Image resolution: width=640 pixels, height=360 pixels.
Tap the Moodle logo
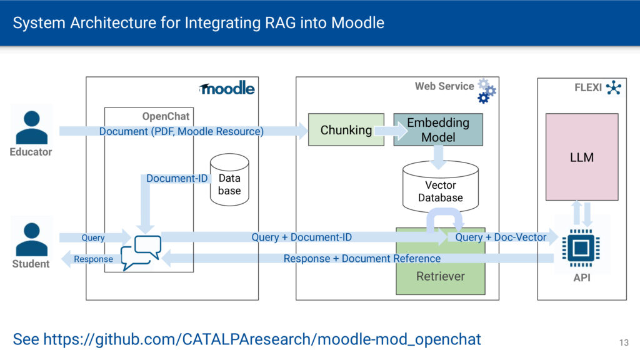pyautogui.click(x=227, y=89)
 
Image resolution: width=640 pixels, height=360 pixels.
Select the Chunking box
pyautogui.click(x=346, y=130)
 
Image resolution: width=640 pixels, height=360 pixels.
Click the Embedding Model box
pyautogui.click(x=438, y=129)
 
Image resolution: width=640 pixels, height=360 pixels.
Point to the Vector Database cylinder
pyautogui.click(x=440, y=187)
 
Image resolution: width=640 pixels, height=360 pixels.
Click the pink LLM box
pyautogui.click(x=581, y=157)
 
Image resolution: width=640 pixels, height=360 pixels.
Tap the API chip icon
pyautogui.click(x=581, y=247)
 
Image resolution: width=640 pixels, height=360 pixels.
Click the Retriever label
pyautogui.click(x=441, y=276)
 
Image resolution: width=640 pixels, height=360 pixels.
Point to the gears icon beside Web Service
pyautogui.click(x=486, y=91)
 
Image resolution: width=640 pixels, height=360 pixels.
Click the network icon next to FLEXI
pyautogui.click(x=614, y=87)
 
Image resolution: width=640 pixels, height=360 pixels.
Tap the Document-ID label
pyautogui.click(x=177, y=179)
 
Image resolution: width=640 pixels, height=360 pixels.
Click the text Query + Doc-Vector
pyautogui.click(x=501, y=237)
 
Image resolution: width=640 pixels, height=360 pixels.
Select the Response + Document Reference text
pyautogui.click(x=362, y=259)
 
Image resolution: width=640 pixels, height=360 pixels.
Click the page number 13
pyautogui.click(x=624, y=342)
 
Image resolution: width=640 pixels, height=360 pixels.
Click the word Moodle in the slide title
pyautogui.click(x=357, y=24)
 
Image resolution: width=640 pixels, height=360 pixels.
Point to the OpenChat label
pyautogui.click(x=166, y=117)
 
